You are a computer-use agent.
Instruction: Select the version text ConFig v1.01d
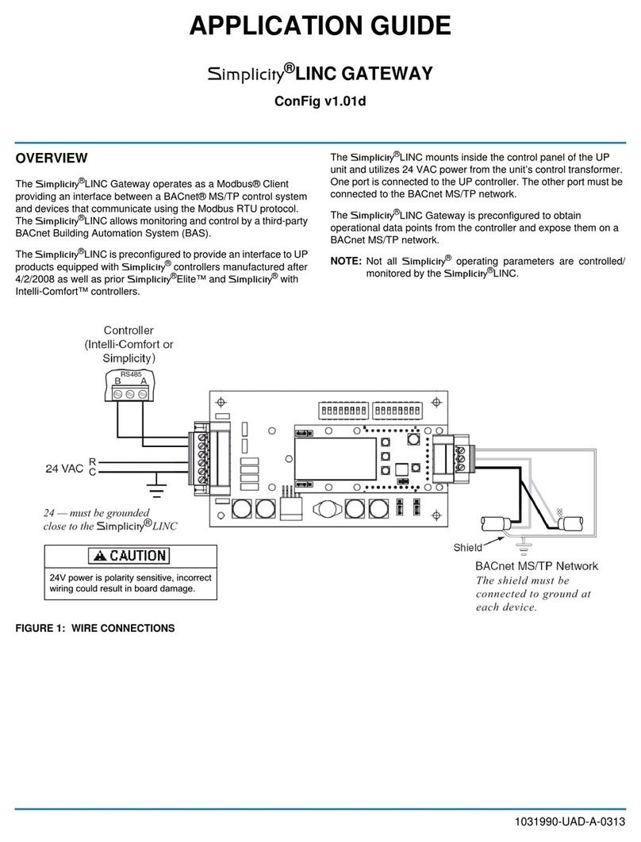coord(320,101)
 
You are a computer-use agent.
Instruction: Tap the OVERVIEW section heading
coord(52,158)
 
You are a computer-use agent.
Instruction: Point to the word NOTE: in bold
coord(345,261)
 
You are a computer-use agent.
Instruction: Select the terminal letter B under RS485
coord(117,381)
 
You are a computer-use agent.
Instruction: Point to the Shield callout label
coord(467,548)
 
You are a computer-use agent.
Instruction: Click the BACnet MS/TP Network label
coord(536,566)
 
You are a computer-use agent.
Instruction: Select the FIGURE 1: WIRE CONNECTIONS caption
coord(95,628)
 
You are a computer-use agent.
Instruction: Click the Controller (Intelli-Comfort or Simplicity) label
coord(129,344)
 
